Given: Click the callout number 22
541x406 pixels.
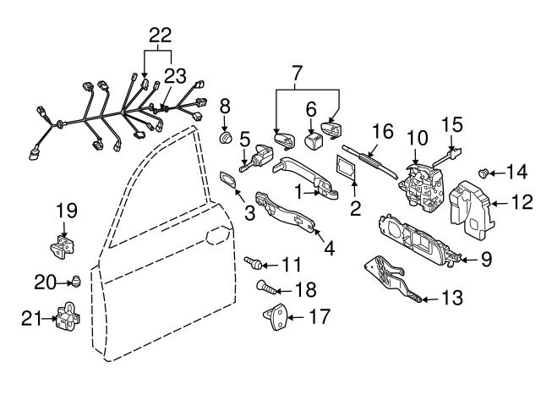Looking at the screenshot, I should pyautogui.click(x=160, y=35).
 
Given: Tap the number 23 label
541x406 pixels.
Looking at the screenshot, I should pyautogui.click(x=175, y=76).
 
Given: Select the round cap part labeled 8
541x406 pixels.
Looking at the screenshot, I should pyautogui.click(x=225, y=137).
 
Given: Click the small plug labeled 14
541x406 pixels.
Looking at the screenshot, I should pyautogui.click(x=484, y=173).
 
